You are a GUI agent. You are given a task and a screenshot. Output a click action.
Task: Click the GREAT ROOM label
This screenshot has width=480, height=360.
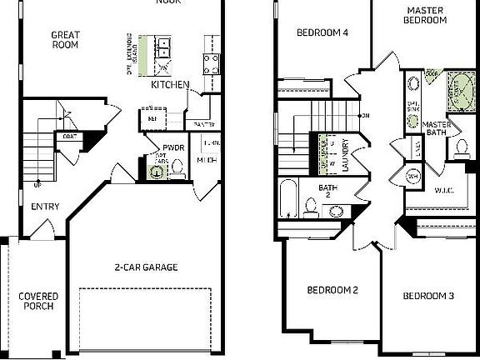(65, 39)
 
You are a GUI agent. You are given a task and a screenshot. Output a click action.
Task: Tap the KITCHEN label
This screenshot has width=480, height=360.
(170, 84)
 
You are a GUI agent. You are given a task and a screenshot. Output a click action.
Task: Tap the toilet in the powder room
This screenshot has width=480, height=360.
(177, 171)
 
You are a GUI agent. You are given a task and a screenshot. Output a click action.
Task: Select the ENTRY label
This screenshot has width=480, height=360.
(45, 207)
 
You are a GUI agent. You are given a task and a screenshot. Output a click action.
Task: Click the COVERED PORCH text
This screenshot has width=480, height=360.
(36, 300)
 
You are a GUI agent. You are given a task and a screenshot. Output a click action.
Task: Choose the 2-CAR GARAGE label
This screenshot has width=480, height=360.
(147, 267)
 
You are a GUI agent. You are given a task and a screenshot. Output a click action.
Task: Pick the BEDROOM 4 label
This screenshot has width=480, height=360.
(322, 33)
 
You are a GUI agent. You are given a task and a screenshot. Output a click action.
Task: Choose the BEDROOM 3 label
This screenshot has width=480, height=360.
(428, 296)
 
